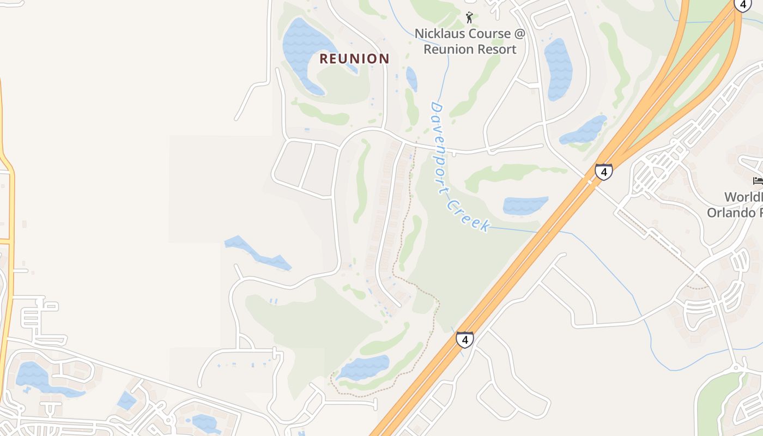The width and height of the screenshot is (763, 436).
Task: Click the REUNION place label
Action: coord(354,59)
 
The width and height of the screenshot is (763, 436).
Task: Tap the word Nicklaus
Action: coord(439,34)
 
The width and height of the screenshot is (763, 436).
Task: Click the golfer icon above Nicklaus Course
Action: coord(469,18)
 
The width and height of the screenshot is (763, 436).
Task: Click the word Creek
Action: coord(468,215)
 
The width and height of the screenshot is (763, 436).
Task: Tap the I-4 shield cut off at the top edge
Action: coord(742,4)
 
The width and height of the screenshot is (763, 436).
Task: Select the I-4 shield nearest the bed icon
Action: coord(603,172)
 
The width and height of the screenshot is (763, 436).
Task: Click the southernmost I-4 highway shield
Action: coord(464,340)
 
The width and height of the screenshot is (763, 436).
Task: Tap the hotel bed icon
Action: coord(758,180)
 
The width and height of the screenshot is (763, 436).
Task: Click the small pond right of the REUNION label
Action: coord(411,78)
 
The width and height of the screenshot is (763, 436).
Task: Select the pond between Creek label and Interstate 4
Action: coord(525,205)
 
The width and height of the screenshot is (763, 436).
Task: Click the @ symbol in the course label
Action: coord(518,34)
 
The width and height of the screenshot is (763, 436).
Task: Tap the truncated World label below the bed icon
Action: coord(743,197)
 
